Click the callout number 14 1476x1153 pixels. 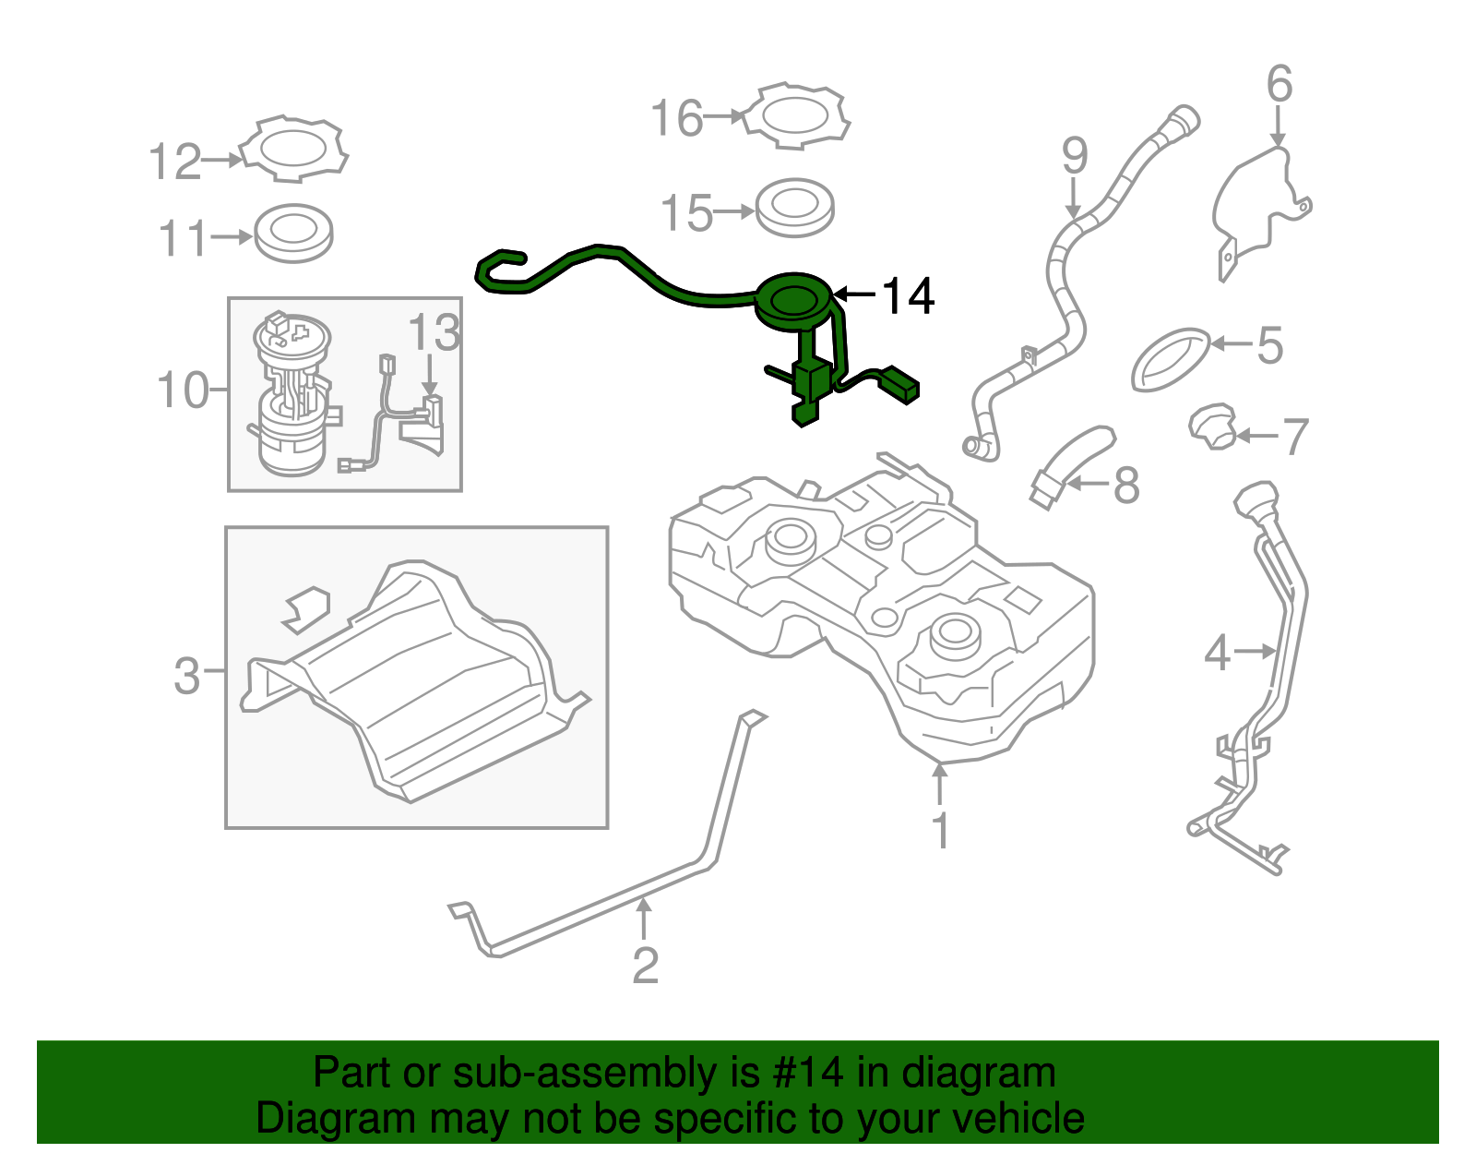pos(909,296)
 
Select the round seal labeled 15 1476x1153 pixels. pos(794,208)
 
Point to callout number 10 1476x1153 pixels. pos(183,390)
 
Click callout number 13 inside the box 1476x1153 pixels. pos(434,332)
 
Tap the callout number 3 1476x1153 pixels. pos(186,675)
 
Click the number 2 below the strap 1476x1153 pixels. pos(645,966)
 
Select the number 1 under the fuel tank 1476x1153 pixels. pos(940,831)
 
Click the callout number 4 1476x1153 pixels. pos(1217,654)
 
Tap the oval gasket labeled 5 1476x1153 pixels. pos(1171,359)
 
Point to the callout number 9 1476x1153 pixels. pos(1075,156)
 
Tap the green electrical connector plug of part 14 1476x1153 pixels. pos(899,385)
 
